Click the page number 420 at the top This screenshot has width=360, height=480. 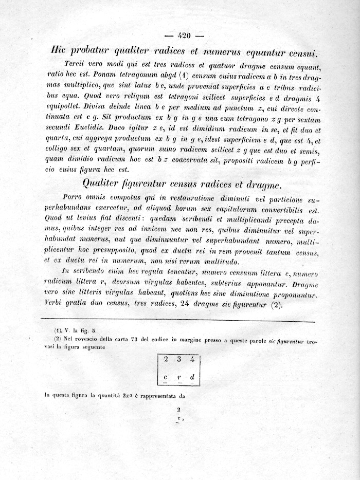coord(184,35)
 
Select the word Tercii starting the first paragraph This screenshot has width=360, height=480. coord(76,64)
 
